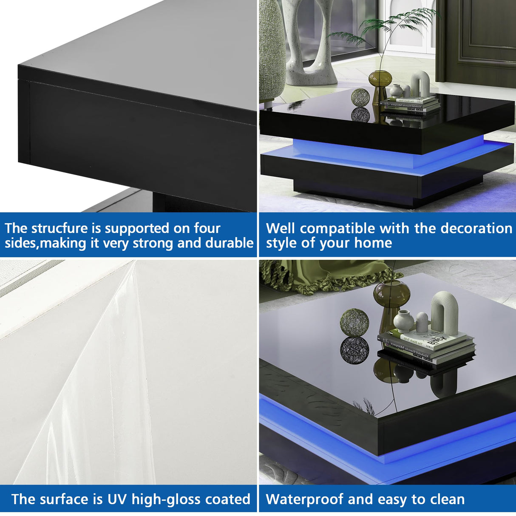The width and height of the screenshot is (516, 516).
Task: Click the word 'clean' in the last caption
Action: click(448, 499)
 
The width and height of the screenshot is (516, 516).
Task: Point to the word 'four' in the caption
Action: click(207, 228)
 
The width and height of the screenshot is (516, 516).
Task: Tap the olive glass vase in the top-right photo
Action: click(380, 81)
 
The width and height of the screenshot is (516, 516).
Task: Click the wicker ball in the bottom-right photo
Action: click(354, 322)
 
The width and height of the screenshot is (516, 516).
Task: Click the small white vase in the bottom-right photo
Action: click(403, 321)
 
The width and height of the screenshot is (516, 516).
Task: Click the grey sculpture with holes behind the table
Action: click(306, 43)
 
